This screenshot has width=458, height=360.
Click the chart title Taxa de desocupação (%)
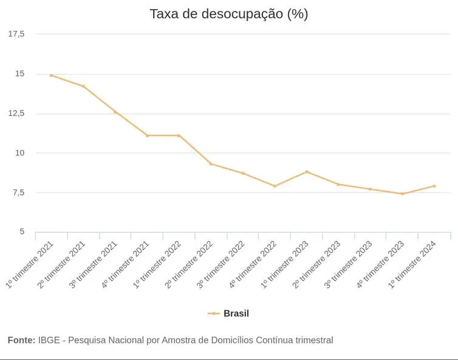(x=228, y=14)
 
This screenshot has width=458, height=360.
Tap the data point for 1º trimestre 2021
(x=52, y=75)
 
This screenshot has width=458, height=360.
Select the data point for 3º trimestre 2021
(x=115, y=112)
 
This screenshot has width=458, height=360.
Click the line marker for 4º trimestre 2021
(x=147, y=135)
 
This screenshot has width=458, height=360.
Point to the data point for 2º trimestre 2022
(x=211, y=164)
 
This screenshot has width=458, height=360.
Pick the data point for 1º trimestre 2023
(x=307, y=172)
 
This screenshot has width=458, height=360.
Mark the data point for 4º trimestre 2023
(x=402, y=194)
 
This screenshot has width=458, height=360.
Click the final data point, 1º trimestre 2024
(x=434, y=186)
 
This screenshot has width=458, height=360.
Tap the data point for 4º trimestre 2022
(x=275, y=186)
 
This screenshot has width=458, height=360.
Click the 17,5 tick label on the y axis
(x=16, y=34)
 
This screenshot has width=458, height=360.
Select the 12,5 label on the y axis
(x=16, y=114)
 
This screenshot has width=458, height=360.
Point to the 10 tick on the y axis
(x=20, y=153)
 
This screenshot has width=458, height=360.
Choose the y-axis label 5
(x=22, y=232)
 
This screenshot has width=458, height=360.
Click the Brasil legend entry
(x=236, y=314)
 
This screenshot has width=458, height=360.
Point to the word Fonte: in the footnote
(x=21, y=341)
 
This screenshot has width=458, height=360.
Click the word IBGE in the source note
(x=49, y=341)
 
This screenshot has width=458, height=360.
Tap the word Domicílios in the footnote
(x=228, y=341)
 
